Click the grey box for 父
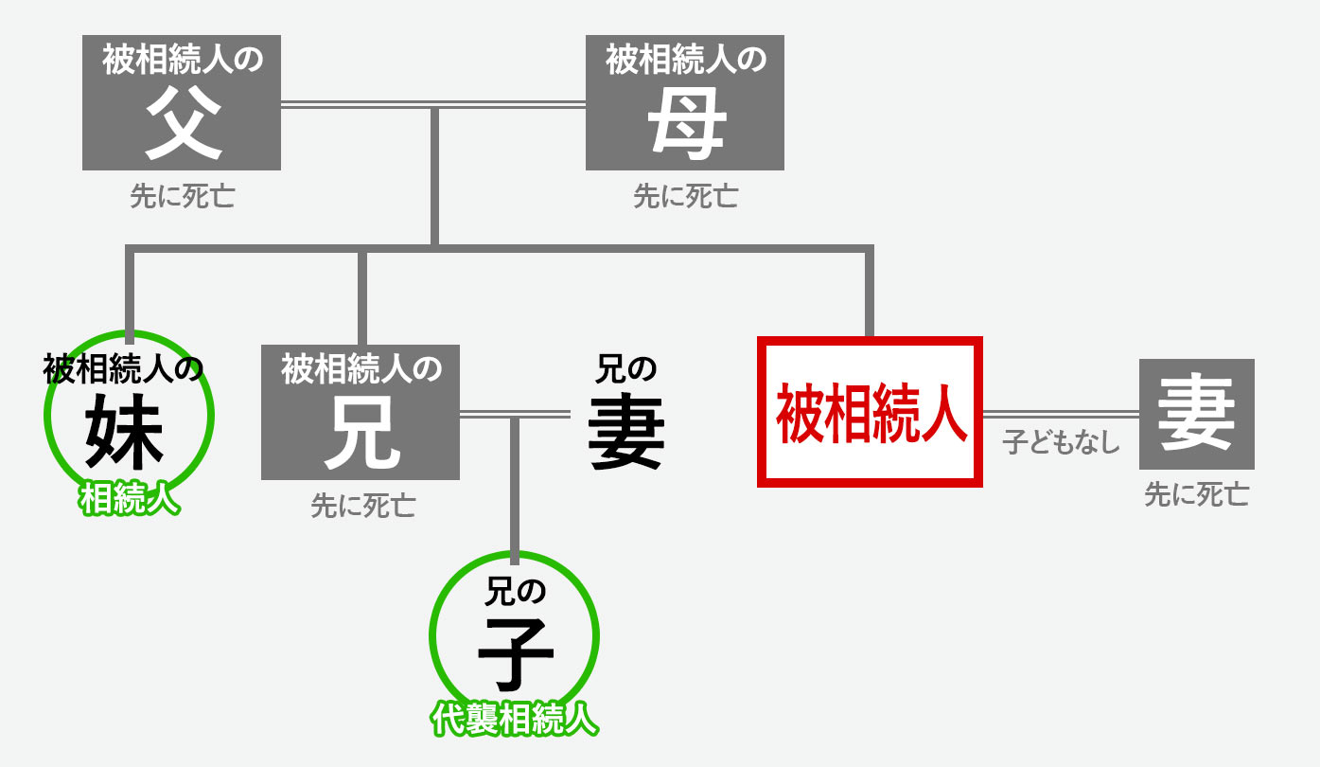click(x=182, y=102)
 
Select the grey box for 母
click(x=685, y=102)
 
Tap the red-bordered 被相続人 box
click(x=870, y=412)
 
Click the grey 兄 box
click(x=361, y=412)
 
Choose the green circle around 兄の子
click(x=431, y=636)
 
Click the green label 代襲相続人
click(x=515, y=719)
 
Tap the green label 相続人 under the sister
click(x=129, y=499)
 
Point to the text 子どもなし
click(x=1061, y=441)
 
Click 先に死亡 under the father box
click(x=182, y=196)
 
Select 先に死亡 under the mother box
click(x=685, y=196)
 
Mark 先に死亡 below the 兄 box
click(x=363, y=506)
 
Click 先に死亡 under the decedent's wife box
click(x=1196, y=494)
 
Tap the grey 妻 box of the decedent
click(x=1197, y=414)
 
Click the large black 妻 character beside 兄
click(x=626, y=434)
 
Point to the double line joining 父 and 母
click(x=433, y=105)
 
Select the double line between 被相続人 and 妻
click(x=1061, y=415)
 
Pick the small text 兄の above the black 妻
click(x=625, y=369)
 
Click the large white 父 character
click(x=184, y=122)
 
